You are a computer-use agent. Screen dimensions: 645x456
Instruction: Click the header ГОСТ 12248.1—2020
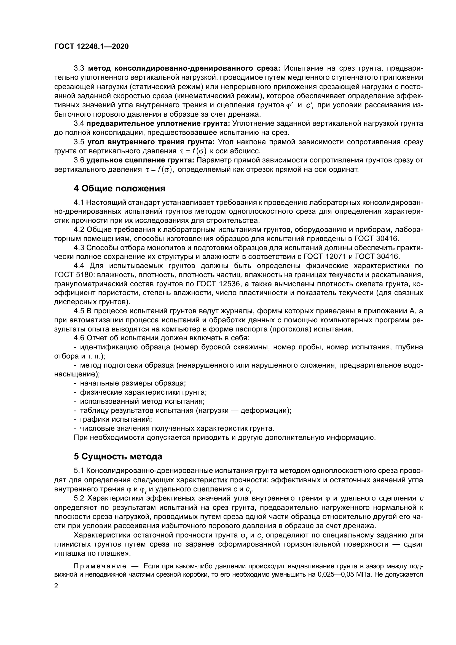91,46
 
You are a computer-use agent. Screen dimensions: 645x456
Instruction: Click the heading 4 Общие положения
119,189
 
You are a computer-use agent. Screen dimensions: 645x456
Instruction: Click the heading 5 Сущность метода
118,457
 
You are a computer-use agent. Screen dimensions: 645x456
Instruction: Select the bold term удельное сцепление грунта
140,160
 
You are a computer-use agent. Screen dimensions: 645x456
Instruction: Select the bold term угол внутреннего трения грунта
151,142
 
